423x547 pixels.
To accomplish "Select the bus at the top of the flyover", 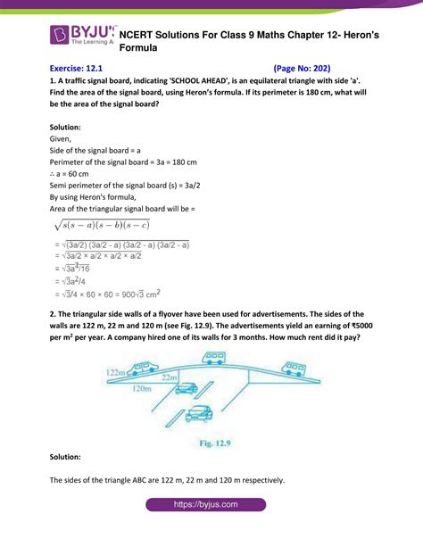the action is point(214,358).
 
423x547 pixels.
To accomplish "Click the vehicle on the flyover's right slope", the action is point(294,369).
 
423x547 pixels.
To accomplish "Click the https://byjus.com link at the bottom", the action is point(211,530).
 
